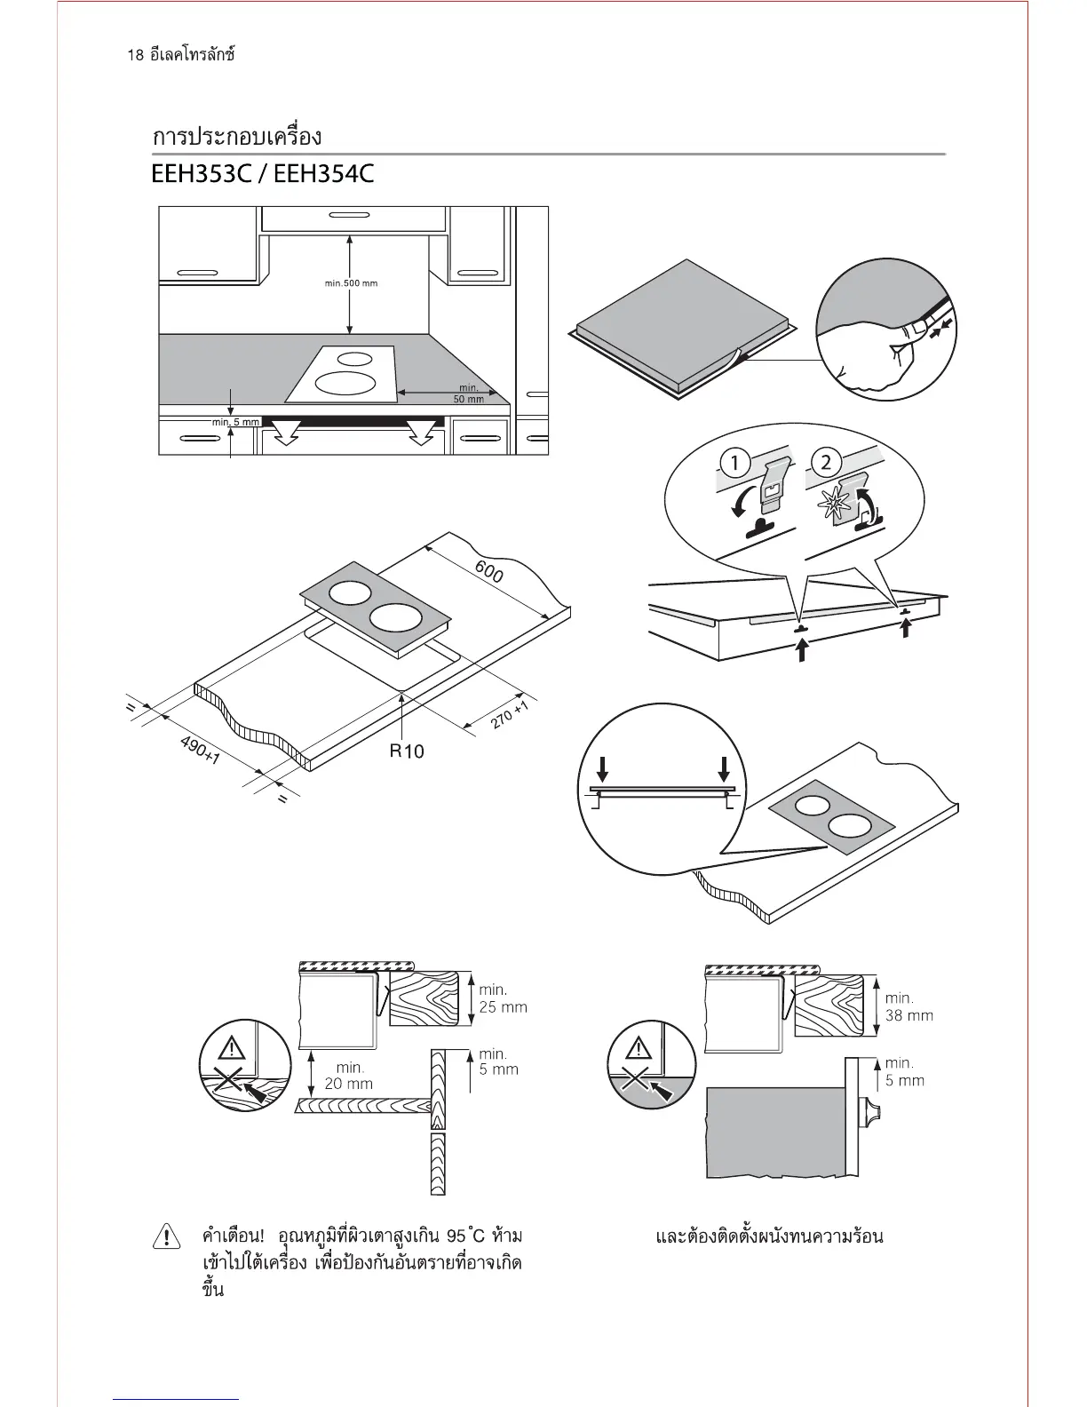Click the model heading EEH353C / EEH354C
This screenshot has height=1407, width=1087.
pyautogui.click(x=263, y=173)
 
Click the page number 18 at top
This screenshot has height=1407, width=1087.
pyautogui.click(x=135, y=55)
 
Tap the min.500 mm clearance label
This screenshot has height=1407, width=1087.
pyautogui.click(x=351, y=283)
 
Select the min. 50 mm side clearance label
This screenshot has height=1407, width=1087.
pyautogui.click(x=469, y=393)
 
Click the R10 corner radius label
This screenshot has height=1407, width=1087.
pyautogui.click(x=407, y=751)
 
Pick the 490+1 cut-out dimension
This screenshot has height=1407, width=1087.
pyautogui.click(x=201, y=751)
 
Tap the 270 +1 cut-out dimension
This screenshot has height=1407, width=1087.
pyautogui.click(x=511, y=716)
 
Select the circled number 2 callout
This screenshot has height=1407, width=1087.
pyautogui.click(x=827, y=462)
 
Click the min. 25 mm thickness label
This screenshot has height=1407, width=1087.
pyautogui.click(x=503, y=998)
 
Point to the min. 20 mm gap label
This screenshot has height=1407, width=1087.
pyautogui.click(x=348, y=1076)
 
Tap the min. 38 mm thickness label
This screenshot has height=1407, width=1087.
pyautogui.click(x=908, y=1006)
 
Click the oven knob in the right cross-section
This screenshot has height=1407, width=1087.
pyautogui.click(x=873, y=1112)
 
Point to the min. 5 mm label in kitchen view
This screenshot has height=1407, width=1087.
pyautogui.click(x=235, y=422)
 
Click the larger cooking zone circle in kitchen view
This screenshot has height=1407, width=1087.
pyautogui.click(x=347, y=383)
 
